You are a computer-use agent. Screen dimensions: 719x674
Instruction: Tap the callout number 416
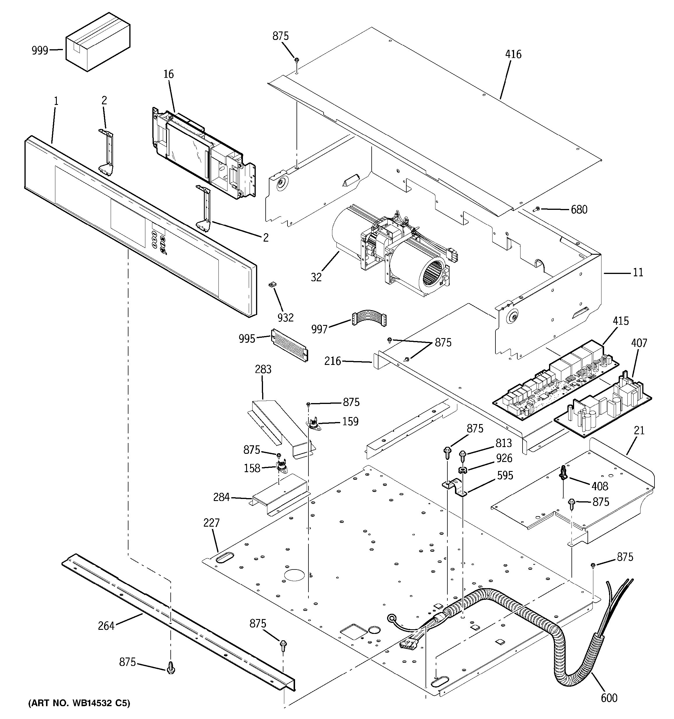point(513,54)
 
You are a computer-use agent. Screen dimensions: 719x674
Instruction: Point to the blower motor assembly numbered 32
point(390,249)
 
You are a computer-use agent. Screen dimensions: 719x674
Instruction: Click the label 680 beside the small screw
point(579,210)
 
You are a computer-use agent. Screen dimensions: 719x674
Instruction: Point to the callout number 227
point(211,523)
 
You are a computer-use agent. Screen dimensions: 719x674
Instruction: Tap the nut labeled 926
point(462,470)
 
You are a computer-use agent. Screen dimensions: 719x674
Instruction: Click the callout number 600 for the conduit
point(609,698)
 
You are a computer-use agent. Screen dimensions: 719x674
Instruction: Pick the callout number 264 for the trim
point(106,626)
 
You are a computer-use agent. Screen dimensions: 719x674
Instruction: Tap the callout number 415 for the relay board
point(620,321)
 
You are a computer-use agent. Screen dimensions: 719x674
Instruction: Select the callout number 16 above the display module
point(168,74)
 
